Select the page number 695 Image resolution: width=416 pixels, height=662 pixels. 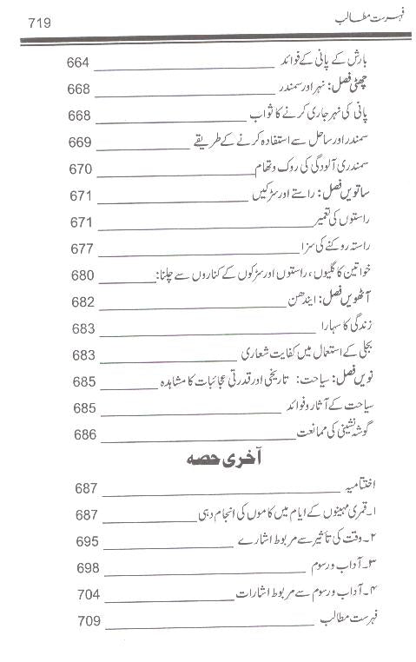[x=86, y=541]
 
